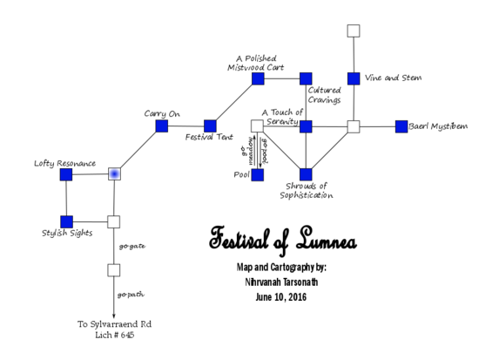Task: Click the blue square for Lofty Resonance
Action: (66, 174)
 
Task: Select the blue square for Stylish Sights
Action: (66, 221)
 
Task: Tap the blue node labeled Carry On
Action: (162, 126)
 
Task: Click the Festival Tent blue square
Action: (210, 126)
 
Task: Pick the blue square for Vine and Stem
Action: (354, 78)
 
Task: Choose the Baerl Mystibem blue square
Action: (401, 126)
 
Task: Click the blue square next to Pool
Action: (258, 174)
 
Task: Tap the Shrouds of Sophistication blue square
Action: (306, 174)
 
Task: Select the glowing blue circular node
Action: (114, 174)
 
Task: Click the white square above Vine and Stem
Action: (354, 31)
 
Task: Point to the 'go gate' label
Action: (131, 246)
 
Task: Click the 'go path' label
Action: (131, 294)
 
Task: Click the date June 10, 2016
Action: (272, 297)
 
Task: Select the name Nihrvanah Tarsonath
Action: (272, 282)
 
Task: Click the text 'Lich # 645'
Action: (114, 336)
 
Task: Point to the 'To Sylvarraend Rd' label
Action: (114, 324)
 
